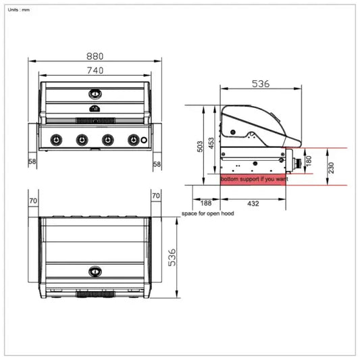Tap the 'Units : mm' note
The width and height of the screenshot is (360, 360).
tap(20, 9)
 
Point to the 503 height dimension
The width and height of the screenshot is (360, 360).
tap(200, 147)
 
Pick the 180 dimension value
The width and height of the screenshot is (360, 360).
tap(309, 161)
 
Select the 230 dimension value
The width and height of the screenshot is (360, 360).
tap(332, 168)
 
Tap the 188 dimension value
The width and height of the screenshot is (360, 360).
tap(205, 203)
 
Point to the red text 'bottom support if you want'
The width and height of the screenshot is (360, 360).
tap(254, 180)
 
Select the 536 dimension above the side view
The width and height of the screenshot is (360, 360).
tap(261, 84)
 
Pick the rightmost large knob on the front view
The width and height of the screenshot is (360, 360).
tap(132, 140)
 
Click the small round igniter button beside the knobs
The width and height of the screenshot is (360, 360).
tap(144, 140)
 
